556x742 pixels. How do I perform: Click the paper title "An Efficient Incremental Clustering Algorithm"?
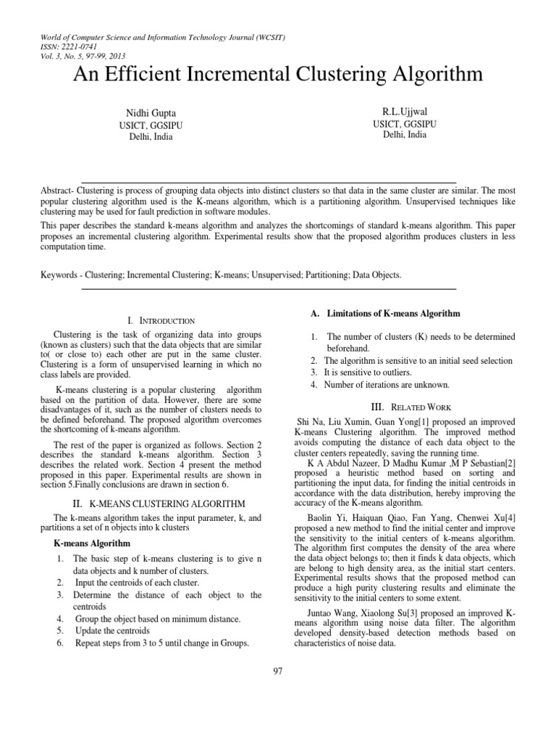[x=278, y=75]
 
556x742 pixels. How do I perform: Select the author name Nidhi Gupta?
[x=152, y=114]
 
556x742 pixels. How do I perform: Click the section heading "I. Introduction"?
[x=160, y=320]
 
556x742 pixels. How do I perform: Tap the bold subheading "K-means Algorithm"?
[x=93, y=543]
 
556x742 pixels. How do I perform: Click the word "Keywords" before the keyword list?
[x=62, y=275]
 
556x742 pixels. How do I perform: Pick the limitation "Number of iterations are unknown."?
[x=387, y=385]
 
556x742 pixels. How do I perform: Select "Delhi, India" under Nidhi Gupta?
[x=152, y=138]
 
